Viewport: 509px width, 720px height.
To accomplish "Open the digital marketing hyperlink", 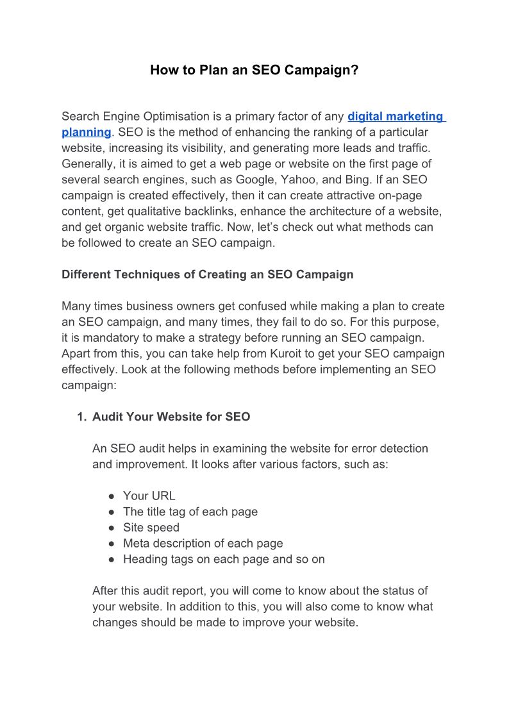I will tap(396, 117).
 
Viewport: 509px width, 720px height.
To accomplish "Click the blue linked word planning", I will tap(86, 132).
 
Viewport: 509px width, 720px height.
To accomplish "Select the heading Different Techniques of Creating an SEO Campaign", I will tap(207, 274).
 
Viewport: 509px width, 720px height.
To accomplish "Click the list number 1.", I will tap(81, 417).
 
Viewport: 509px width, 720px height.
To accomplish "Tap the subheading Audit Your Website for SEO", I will tap(171, 417).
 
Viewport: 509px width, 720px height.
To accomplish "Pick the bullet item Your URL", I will tap(149, 496).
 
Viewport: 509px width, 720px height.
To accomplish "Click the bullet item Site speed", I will tap(151, 528).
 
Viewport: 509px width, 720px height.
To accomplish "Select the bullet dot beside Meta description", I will tap(111, 544).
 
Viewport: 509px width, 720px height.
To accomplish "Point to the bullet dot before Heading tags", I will tap(111, 559).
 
